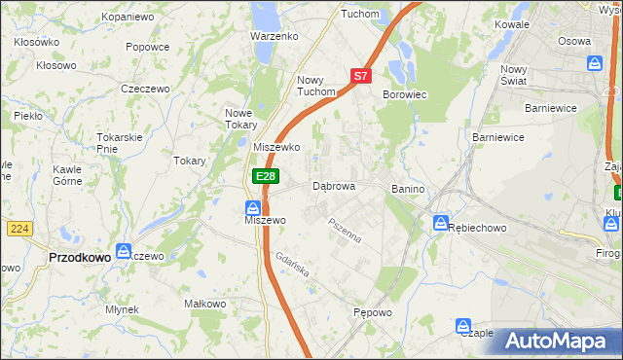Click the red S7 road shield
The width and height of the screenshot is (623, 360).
pos(361,75)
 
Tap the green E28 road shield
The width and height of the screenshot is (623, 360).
pos(266,176)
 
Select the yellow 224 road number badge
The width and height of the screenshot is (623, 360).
pos(18,228)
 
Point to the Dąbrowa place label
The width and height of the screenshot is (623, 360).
pos(334,185)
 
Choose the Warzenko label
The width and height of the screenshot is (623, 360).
pos(274,36)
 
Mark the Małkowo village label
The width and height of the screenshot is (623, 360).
pos(205,304)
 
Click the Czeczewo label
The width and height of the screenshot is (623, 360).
pos(145,88)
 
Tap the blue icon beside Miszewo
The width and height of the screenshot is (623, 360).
pos(252,207)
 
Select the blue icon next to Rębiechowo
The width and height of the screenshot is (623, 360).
pos(440,222)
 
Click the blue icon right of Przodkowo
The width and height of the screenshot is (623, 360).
pos(124,250)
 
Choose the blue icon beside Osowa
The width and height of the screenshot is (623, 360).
pos(595,62)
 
